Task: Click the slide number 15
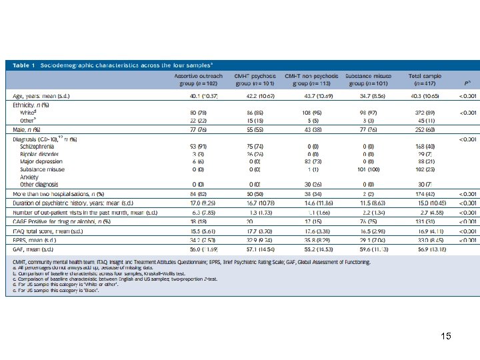[x=445, y=336]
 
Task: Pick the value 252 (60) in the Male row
[x=427, y=129]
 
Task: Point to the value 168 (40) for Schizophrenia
[x=427, y=146]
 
